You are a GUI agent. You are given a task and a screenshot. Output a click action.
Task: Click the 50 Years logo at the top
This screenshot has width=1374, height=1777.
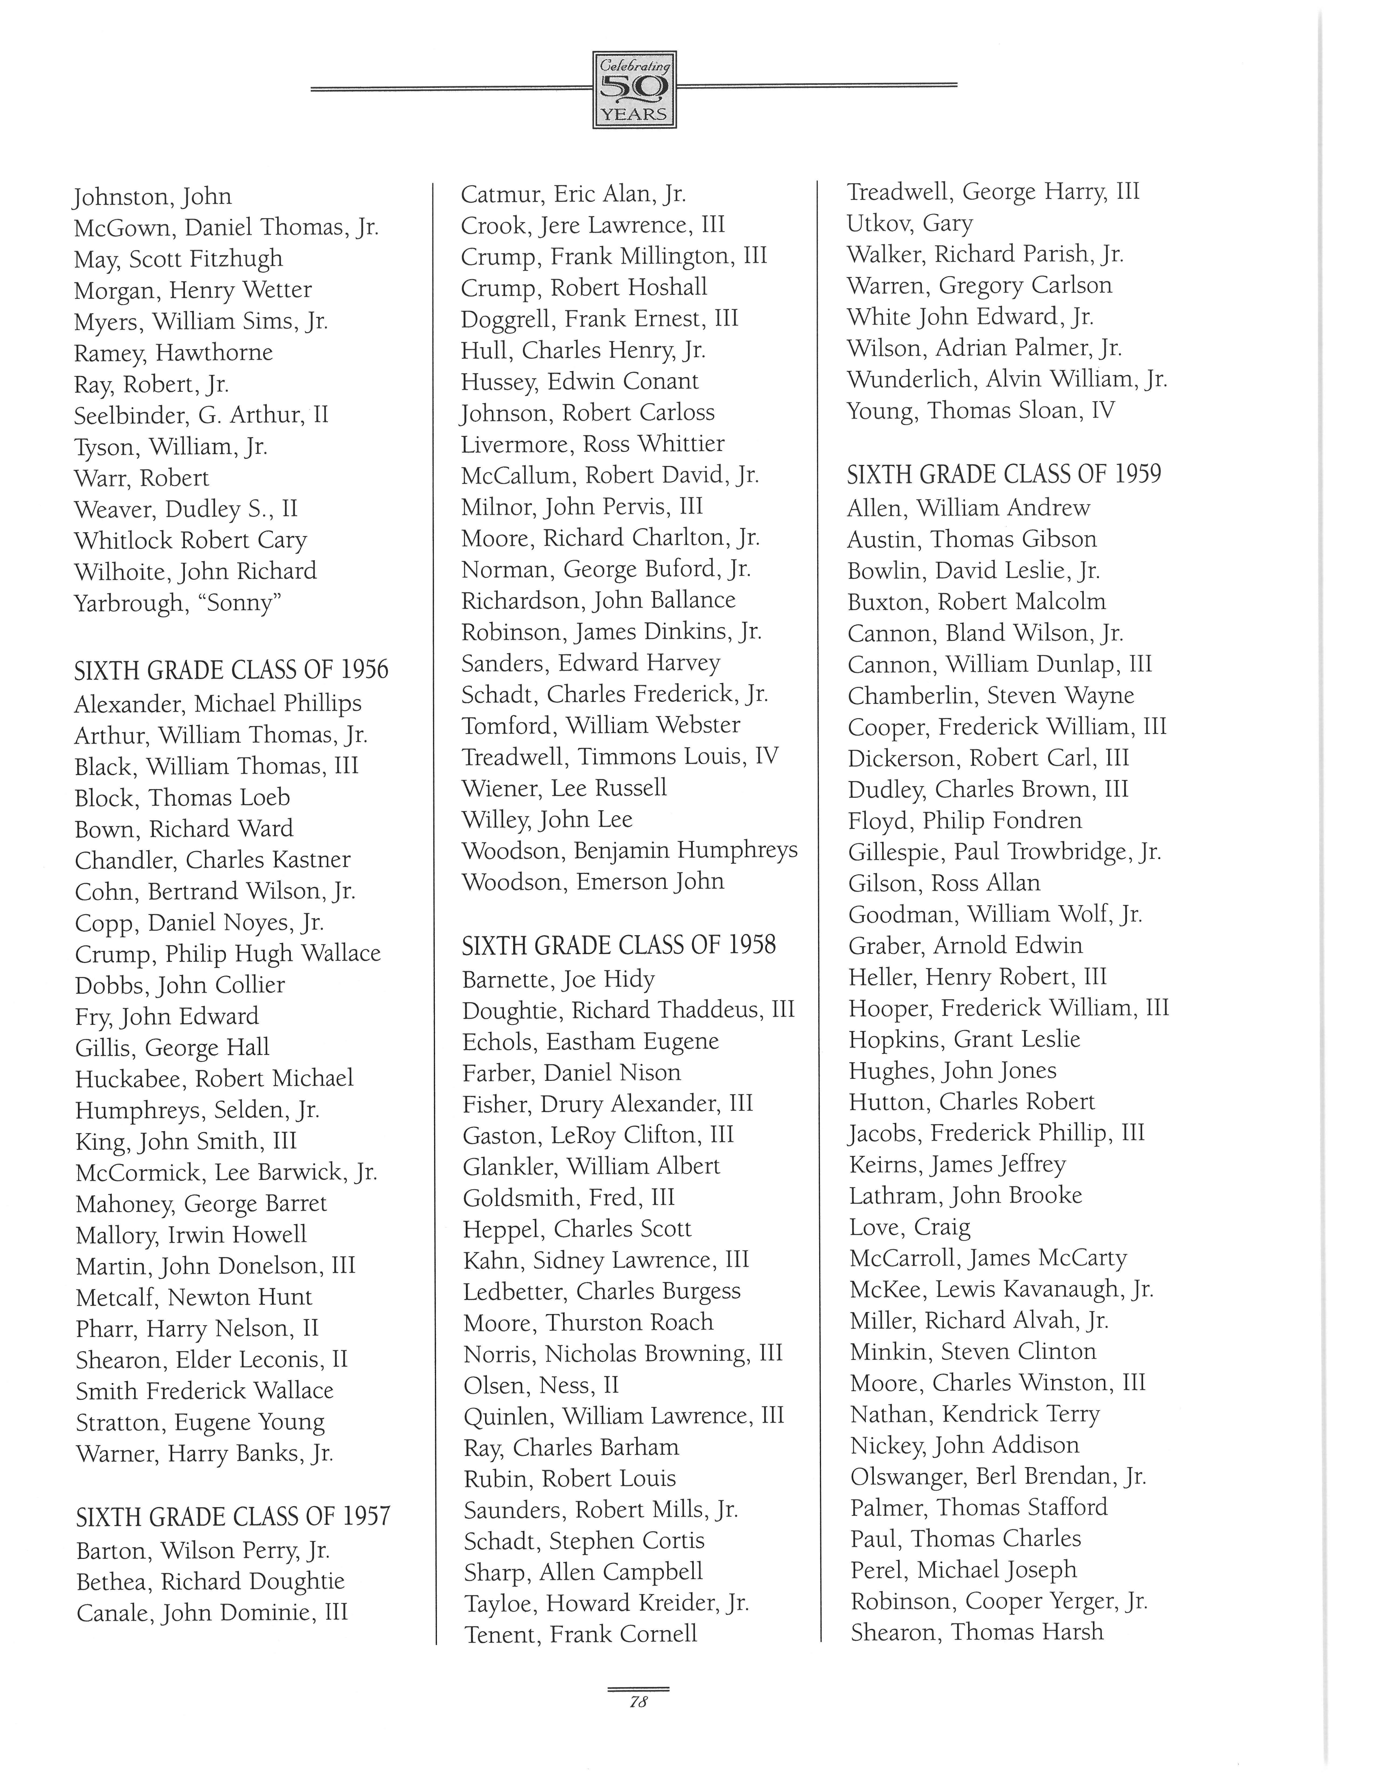click(634, 89)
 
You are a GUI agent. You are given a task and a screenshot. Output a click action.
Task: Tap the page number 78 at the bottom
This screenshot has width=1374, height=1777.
click(638, 1701)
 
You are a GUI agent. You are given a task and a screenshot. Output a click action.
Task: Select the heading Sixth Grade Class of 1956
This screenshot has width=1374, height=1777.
click(231, 670)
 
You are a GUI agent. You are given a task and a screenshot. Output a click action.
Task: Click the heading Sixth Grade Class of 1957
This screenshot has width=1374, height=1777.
click(233, 1517)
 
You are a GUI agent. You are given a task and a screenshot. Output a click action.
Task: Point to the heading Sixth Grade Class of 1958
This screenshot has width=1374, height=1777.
click(619, 945)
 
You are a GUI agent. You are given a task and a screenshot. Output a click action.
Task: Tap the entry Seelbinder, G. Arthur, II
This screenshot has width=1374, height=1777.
click(201, 415)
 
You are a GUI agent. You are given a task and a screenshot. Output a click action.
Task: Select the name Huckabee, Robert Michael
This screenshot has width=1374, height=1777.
click(214, 1079)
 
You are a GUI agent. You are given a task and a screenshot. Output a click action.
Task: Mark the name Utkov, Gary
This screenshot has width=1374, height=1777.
click(909, 223)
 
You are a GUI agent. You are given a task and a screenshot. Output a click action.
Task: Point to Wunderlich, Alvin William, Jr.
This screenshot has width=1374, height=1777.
click(1007, 379)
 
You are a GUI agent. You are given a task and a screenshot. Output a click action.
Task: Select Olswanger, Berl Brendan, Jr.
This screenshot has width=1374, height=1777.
click(998, 1476)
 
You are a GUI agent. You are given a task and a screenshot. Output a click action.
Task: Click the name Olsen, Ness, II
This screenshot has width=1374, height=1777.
click(541, 1385)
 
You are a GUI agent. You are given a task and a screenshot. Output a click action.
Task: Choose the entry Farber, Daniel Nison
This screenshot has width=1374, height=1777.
click(571, 1072)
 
